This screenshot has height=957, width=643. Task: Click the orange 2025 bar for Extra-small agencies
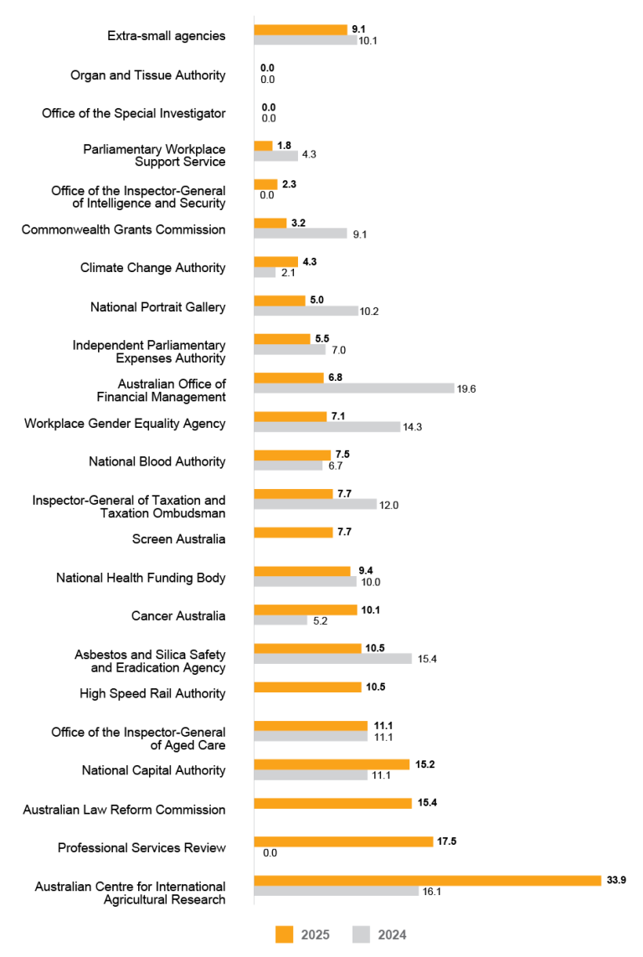pos(301,29)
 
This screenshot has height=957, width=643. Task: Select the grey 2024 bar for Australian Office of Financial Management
pos(353,388)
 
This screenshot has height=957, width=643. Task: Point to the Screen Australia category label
pos(178,539)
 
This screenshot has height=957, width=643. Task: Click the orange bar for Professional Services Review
pos(343,841)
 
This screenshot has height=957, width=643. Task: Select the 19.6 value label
pos(466,388)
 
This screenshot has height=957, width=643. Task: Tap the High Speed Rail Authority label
pos(152,693)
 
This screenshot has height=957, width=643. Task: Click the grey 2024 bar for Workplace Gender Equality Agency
pos(327,427)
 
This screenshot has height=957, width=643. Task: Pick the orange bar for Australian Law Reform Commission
pos(332,803)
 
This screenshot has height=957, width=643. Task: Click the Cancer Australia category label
pos(178,616)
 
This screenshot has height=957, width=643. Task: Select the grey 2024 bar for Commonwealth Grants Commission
pos(301,234)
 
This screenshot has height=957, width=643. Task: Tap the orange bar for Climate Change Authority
pos(275,261)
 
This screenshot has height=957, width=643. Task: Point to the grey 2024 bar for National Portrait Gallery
pos(306,311)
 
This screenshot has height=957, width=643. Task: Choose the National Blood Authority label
pos(157,461)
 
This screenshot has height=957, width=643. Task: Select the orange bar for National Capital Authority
pos(332,764)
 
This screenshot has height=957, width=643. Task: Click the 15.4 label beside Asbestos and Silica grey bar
pos(427,659)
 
